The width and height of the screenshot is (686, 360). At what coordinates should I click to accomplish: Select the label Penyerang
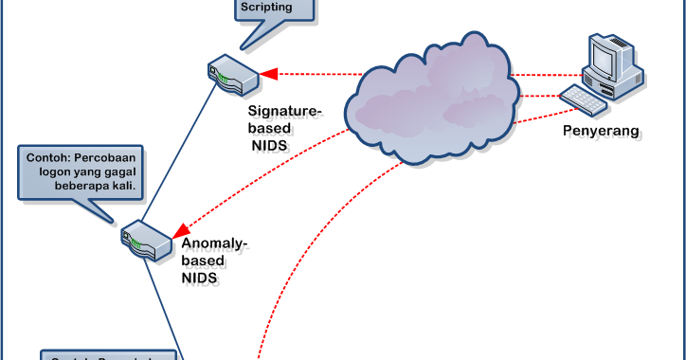click(602, 130)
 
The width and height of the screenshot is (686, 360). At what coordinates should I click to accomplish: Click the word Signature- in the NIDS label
click(285, 113)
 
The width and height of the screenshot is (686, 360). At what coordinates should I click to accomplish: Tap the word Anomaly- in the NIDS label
click(214, 245)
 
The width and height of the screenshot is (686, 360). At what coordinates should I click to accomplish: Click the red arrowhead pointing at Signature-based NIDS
click(268, 72)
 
